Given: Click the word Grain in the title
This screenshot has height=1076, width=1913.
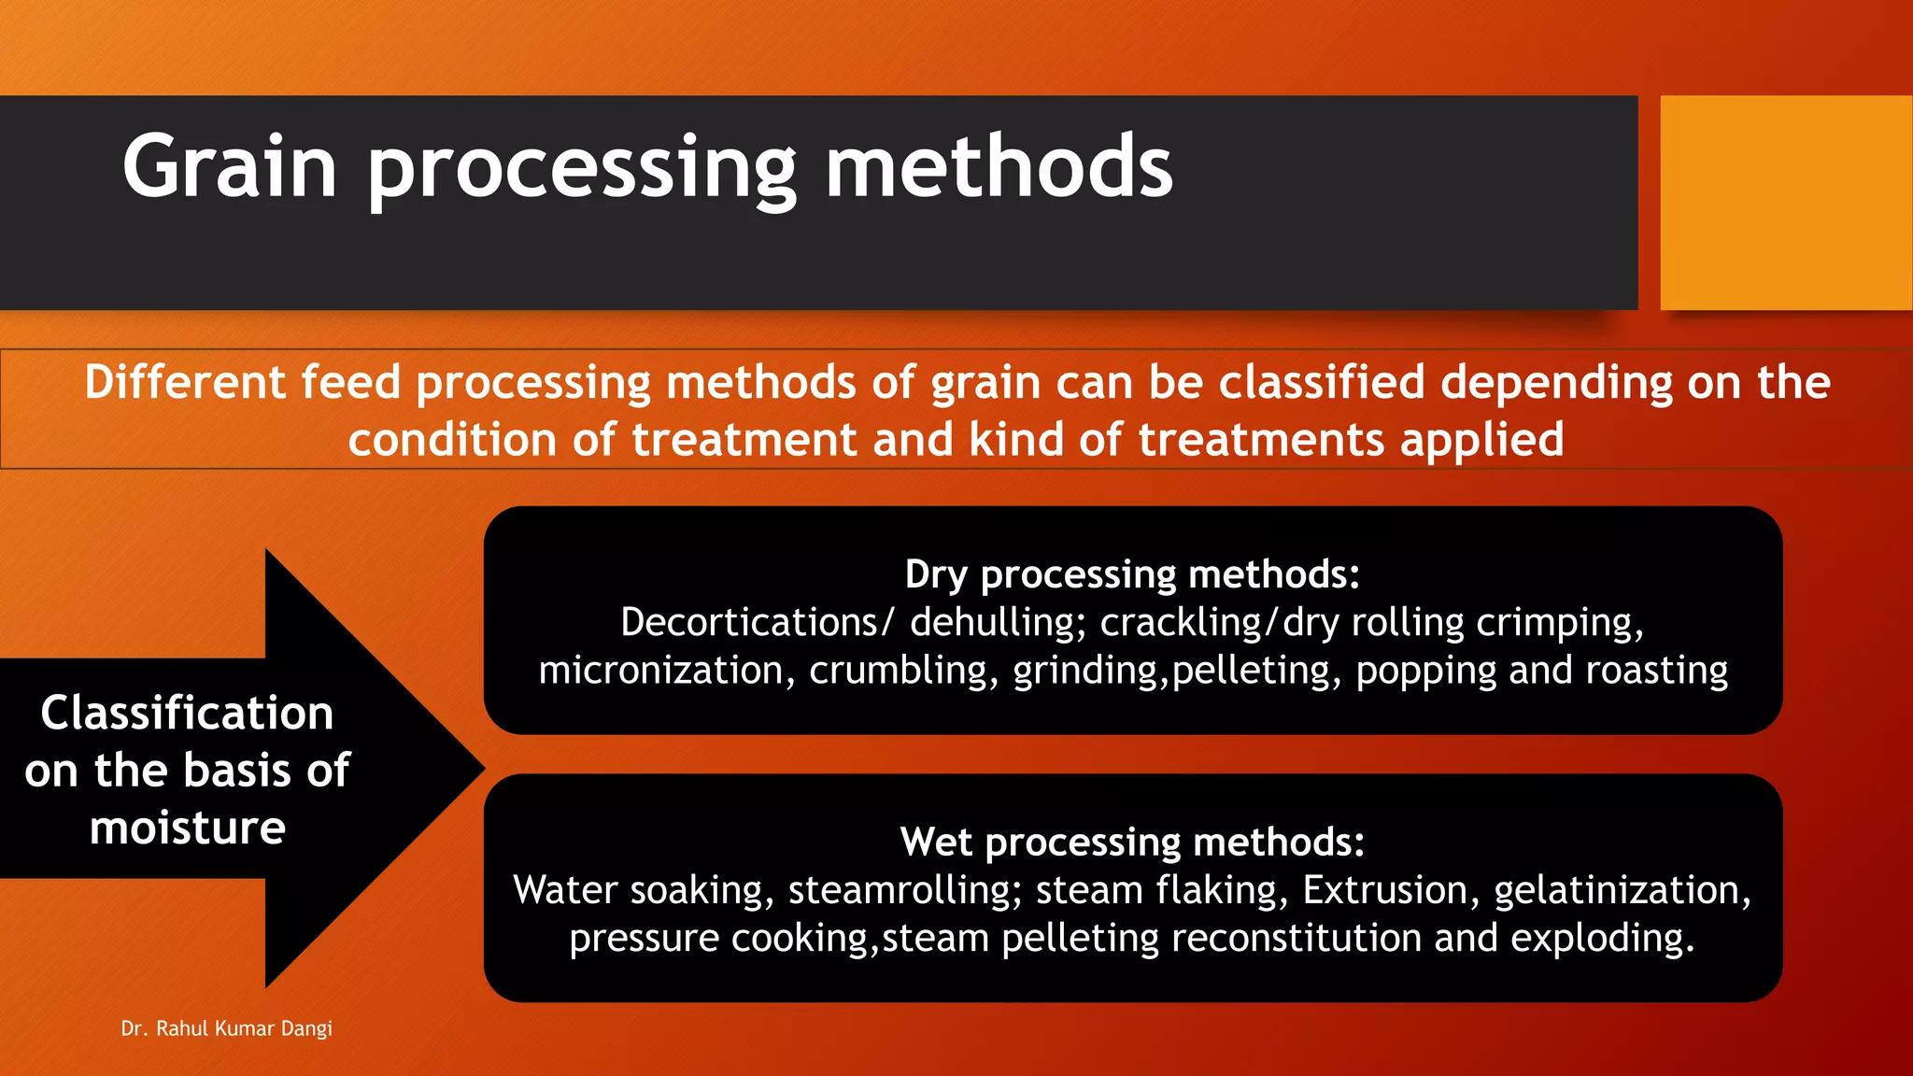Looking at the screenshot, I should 229,167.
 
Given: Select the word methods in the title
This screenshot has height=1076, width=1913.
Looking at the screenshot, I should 999,167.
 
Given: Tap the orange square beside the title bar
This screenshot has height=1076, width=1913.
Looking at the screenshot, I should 1785,203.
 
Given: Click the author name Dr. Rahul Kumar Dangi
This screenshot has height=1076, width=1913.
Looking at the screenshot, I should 227,1028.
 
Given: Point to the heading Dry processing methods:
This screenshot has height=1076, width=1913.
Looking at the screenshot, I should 1132,574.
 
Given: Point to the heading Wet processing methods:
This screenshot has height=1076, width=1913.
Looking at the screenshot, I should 1132,842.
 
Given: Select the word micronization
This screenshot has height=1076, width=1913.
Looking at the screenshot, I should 660,671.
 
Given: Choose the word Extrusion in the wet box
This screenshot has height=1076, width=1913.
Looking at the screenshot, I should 1385,890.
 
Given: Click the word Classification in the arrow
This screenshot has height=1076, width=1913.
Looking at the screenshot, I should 187,714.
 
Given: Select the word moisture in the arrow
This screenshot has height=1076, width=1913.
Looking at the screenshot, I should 187,828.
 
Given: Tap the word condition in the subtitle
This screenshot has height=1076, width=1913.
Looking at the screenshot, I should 452,440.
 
